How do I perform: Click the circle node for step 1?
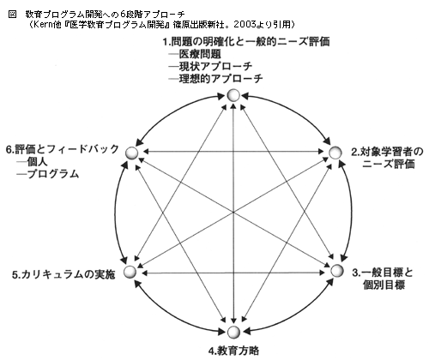[233, 95]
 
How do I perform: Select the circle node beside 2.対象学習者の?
[335, 153]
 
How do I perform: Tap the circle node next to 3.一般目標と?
[336, 271]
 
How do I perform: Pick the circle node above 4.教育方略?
[233, 332]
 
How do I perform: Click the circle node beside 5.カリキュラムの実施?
[130, 273]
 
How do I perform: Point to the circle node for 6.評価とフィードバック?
[132, 153]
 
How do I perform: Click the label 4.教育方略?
[233, 351]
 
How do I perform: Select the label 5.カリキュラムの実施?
[63, 274]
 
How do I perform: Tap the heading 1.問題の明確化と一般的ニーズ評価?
[246, 42]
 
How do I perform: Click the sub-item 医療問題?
[200, 54]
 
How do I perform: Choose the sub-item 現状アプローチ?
[215, 66]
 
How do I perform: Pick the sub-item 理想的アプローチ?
[221, 79]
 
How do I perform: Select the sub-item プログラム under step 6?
[52, 174]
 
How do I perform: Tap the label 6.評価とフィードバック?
[63, 149]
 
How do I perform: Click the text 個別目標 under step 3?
[384, 285]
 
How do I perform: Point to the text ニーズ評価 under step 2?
[389, 164]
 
